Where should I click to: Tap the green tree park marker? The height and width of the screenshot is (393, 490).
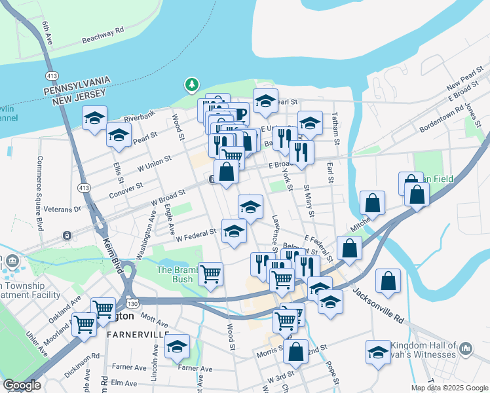(191, 84)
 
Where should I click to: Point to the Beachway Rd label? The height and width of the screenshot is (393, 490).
(103, 35)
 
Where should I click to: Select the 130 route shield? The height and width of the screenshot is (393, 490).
(133, 303)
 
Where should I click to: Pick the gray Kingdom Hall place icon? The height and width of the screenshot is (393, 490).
(466, 347)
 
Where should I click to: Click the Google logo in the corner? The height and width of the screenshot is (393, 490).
(22, 385)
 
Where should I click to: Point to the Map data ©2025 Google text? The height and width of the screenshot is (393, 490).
(449, 388)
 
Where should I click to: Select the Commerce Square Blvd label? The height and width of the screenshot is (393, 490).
(39, 193)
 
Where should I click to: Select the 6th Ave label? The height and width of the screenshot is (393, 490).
(47, 33)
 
